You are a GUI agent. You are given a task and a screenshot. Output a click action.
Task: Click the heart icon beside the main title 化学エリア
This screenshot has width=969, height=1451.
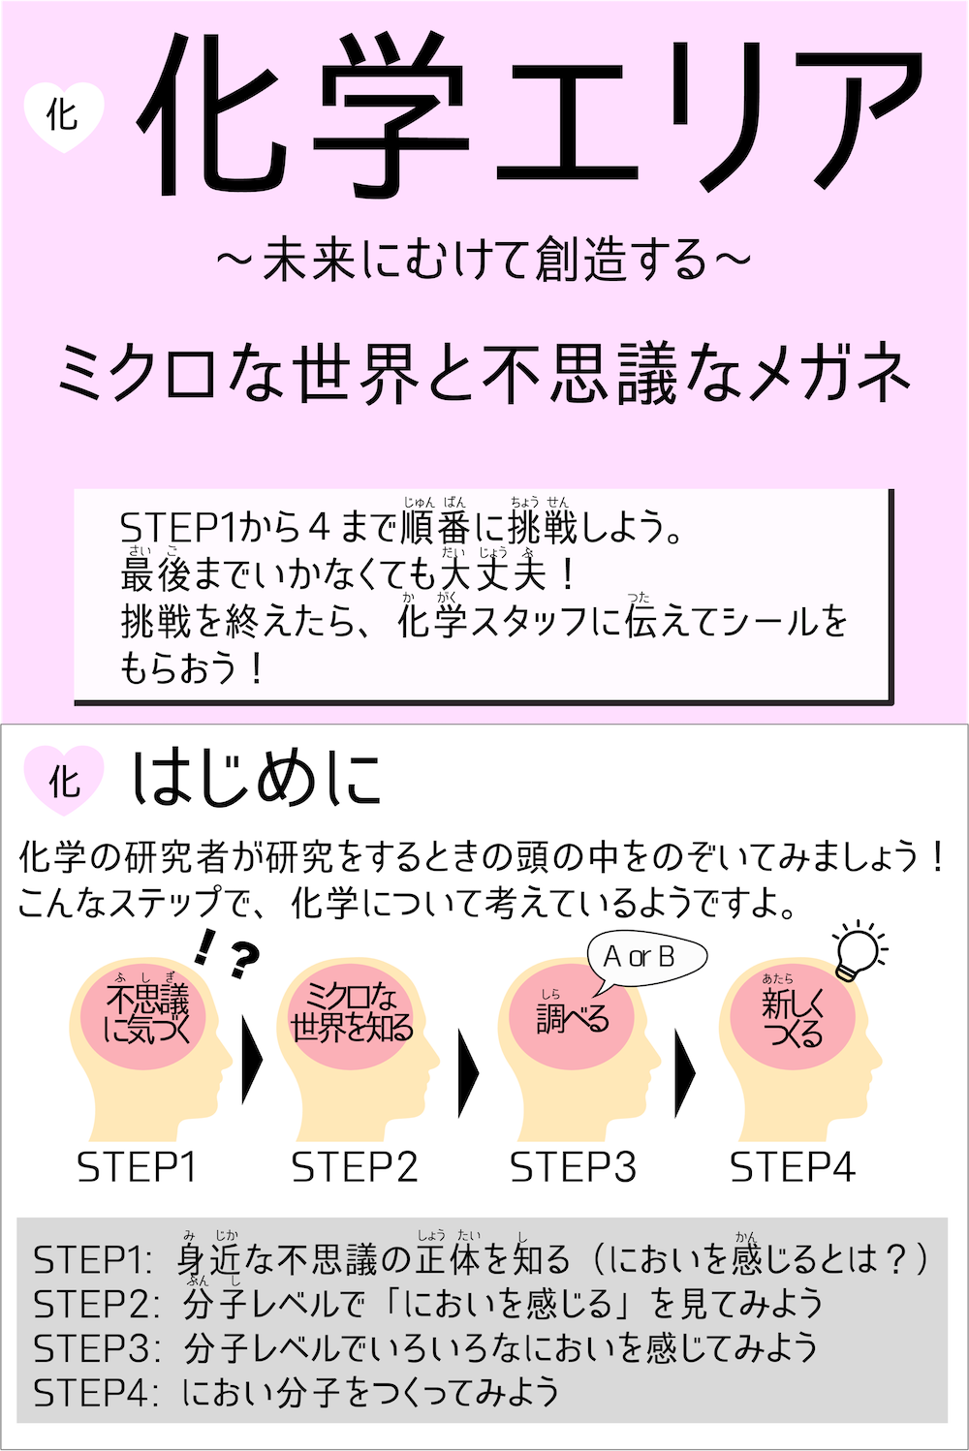click(x=63, y=115)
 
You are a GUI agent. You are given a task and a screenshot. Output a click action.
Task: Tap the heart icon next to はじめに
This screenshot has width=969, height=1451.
click(x=64, y=780)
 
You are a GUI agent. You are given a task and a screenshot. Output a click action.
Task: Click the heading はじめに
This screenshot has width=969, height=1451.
click(x=257, y=780)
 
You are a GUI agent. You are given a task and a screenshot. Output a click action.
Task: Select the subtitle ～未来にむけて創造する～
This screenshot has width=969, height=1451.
click(x=484, y=260)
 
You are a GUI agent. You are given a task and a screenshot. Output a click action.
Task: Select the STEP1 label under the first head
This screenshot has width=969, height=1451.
click(x=137, y=1167)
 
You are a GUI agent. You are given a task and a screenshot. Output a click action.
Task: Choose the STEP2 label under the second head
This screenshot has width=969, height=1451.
click(x=355, y=1167)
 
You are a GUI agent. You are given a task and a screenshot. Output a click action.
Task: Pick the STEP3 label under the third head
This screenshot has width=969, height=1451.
click(x=574, y=1167)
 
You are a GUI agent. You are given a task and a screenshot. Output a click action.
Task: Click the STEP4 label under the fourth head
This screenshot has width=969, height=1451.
click(x=793, y=1167)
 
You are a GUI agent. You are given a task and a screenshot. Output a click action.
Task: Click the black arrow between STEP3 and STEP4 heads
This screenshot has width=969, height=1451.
click(x=685, y=1071)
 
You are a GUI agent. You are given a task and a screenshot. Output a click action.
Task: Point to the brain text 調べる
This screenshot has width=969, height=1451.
click(x=573, y=1018)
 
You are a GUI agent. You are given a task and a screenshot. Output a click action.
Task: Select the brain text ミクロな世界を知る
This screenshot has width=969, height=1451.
click(x=352, y=1012)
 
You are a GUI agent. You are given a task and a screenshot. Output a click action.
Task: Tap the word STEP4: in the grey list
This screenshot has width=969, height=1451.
click(x=94, y=1393)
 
